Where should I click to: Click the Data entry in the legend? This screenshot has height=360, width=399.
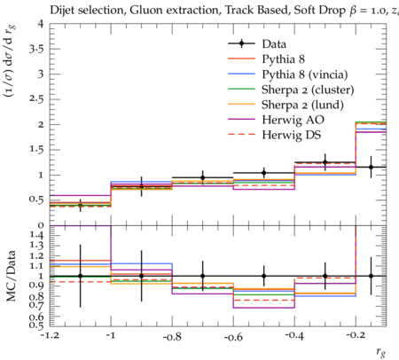pos(274,44)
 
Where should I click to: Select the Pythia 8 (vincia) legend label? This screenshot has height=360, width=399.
pos(305,74)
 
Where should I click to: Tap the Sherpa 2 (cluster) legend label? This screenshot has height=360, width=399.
pos(308,90)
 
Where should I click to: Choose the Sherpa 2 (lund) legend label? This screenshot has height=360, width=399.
pos(302,105)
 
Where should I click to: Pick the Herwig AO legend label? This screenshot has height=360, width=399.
pos(293,120)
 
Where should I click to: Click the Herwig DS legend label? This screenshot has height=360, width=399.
pos(292,135)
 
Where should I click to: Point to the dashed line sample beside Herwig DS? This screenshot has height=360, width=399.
pos(241,135)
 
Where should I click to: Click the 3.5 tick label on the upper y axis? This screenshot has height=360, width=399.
pos(36,49)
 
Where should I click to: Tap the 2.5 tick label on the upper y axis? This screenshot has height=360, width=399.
pos(36,99)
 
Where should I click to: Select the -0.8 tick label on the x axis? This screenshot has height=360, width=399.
pos(172,336)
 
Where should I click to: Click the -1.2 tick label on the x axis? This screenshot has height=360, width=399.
pos(50,336)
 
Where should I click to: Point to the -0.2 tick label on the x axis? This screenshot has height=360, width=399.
pos(356,336)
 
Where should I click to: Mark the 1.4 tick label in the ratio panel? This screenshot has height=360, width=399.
pos(36,236)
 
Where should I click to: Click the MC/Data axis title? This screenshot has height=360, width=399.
pos(12,276)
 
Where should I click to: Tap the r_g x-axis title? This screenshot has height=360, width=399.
pos(381,351)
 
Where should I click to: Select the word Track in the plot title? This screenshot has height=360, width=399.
pos(239,11)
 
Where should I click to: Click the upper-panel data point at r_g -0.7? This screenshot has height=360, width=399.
pos(203,177)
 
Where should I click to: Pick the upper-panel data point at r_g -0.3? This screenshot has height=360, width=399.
pos(325,162)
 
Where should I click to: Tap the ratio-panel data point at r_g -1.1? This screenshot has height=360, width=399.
pos(80,276)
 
